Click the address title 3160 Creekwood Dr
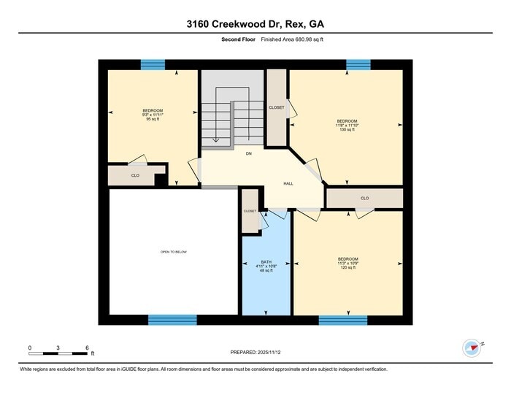tap(255, 24)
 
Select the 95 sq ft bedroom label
tap(153, 115)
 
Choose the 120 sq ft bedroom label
tap(347, 264)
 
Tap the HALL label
tap(288, 183)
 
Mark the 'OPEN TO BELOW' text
tap(174, 252)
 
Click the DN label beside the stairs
tap(248, 154)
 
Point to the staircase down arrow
tap(215, 139)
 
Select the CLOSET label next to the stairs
tap(277, 107)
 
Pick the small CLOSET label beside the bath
tap(250, 211)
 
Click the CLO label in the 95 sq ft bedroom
tap(135, 175)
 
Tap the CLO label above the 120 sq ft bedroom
tap(364, 198)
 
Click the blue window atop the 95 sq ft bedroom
tap(153, 65)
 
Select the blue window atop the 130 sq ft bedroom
tap(358, 65)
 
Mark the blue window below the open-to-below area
tap(172, 320)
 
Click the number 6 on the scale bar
tap(87, 348)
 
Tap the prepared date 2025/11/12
tap(255, 352)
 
